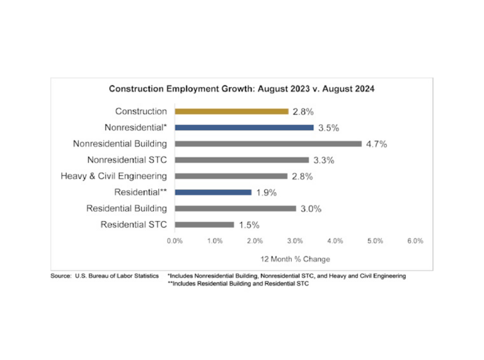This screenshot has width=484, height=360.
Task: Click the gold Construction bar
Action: [x=231, y=112]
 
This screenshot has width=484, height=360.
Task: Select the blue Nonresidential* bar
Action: [x=244, y=127]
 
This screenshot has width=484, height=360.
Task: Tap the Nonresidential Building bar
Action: [x=268, y=144]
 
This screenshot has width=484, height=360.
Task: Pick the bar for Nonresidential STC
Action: [x=241, y=160]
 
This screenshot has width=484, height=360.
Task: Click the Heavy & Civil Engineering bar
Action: [x=231, y=176]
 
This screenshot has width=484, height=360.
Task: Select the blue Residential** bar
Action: [x=213, y=192]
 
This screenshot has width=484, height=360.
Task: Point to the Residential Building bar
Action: [x=235, y=208]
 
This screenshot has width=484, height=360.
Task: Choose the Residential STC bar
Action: [x=204, y=224]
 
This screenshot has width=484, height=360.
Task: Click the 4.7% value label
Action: [x=376, y=144]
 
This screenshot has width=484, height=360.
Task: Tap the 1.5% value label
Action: [x=249, y=225]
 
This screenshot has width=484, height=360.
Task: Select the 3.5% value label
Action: [x=328, y=128]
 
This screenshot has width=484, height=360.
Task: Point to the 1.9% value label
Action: [x=267, y=193]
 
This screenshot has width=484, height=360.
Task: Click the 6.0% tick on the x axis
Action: [x=415, y=241]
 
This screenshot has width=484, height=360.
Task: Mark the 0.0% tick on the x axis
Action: [x=175, y=241]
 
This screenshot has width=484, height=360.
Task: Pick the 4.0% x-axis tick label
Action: [x=335, y=241]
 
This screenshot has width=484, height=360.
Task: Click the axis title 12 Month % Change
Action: [x=296, y=259]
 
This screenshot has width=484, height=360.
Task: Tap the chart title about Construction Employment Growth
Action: [x=241, y=89]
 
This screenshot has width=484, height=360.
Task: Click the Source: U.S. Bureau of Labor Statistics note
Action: [x=105, y=276]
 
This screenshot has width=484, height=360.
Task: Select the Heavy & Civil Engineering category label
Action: [x=113, y=176]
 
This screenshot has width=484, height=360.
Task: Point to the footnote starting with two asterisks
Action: [x=238, y=284]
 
